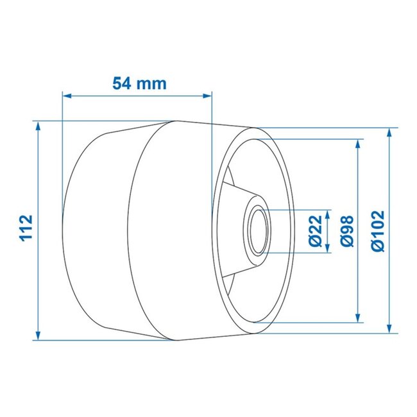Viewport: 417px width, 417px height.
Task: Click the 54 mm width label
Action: [x=139, y=83]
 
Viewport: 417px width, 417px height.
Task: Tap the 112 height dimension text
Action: [x=26, y=228]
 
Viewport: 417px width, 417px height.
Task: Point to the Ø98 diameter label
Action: [x=345, y=231]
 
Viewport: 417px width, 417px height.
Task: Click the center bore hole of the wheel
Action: [x=257, y=231]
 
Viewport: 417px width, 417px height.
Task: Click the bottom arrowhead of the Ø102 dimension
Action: [x=389, y=328]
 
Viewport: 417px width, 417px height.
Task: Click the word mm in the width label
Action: [x=153, y=83]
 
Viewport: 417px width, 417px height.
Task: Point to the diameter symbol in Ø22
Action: [x=314, y=242]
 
